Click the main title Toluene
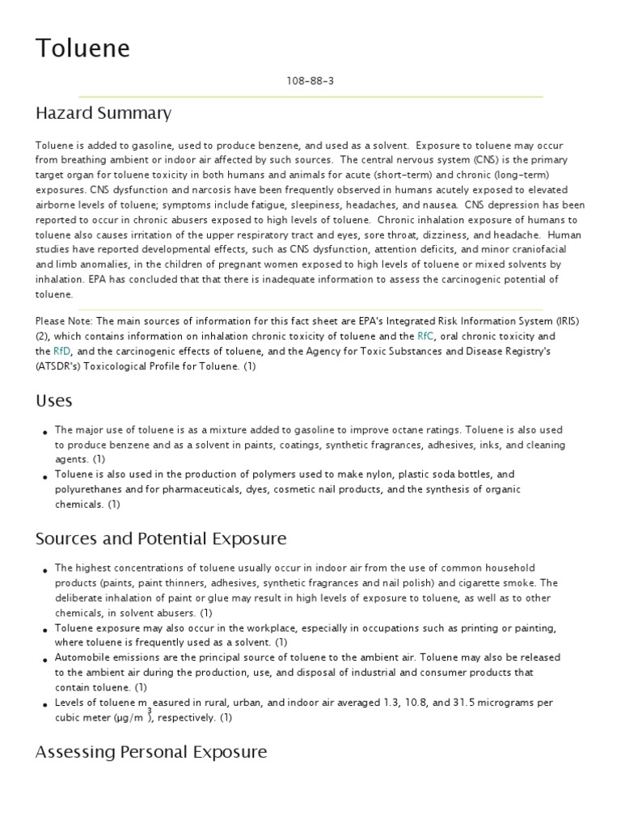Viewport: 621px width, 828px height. [x=82, y=49]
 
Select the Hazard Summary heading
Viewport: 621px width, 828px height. [x=103, y=113]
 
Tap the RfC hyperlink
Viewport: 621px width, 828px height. [x=425, y=336]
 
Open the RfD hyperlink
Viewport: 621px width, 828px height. [x=61, y=351]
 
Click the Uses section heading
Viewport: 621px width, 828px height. [x=54, y=401]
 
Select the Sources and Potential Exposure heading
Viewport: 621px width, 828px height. [x=161, y=539]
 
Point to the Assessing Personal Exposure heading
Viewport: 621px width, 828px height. [x=151, y=752]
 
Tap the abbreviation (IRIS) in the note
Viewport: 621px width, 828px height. [x=569, y=322]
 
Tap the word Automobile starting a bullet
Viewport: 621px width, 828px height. [x=83, y=657]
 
